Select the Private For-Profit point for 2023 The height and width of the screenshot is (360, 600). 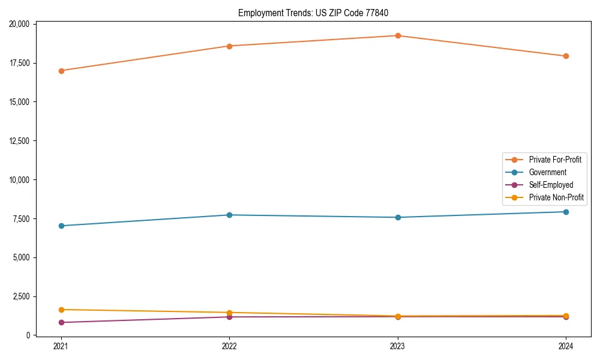coord(398,36)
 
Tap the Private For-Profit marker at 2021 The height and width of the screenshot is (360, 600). coord(61,71)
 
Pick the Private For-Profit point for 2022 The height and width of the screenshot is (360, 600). coord(229,46)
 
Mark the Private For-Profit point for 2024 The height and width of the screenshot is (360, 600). coord(566,56)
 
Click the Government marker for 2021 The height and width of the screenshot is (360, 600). coord(61,226)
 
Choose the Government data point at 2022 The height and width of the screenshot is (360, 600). coord(229,215)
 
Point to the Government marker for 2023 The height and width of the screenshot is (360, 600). coord(398,217)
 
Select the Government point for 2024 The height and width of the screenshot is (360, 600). coord(566,212)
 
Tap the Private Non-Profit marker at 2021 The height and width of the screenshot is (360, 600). coord(61,310)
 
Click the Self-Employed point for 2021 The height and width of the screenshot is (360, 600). coord(61,323)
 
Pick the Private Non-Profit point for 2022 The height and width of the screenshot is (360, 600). coord(229,313)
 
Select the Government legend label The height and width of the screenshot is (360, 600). coord(547,172)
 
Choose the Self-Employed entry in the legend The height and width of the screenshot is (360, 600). coord(551,185)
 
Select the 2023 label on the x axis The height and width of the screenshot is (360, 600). coord(398,346)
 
